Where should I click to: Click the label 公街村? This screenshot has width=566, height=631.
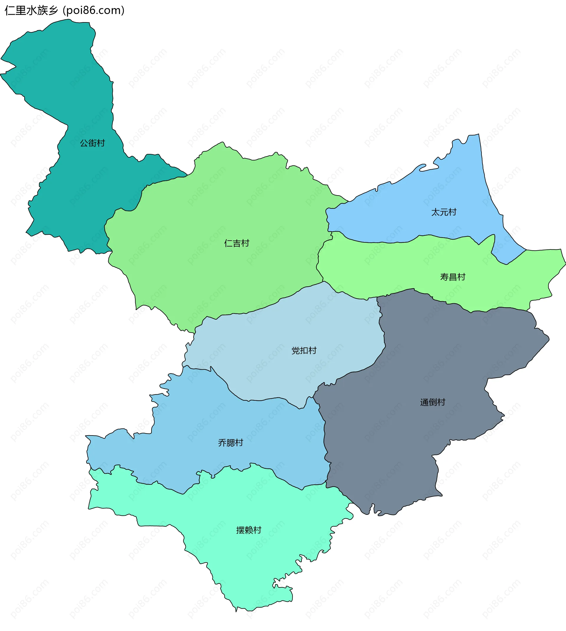pos(92,143)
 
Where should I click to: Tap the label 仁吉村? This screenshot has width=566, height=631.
pos(237,243)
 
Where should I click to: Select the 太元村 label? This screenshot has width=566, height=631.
pos(444,212)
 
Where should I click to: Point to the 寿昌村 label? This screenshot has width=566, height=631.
pos(453,277)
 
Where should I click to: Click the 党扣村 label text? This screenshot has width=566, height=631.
pos(304,351)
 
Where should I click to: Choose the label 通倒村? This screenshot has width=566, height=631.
pos(432,402)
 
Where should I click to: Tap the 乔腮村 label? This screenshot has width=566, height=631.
pos(231,443)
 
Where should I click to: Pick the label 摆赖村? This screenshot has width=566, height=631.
pos(249,530)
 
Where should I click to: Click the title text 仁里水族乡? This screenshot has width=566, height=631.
pos(31,11)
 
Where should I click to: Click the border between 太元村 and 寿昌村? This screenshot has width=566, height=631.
pos(389,242)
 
